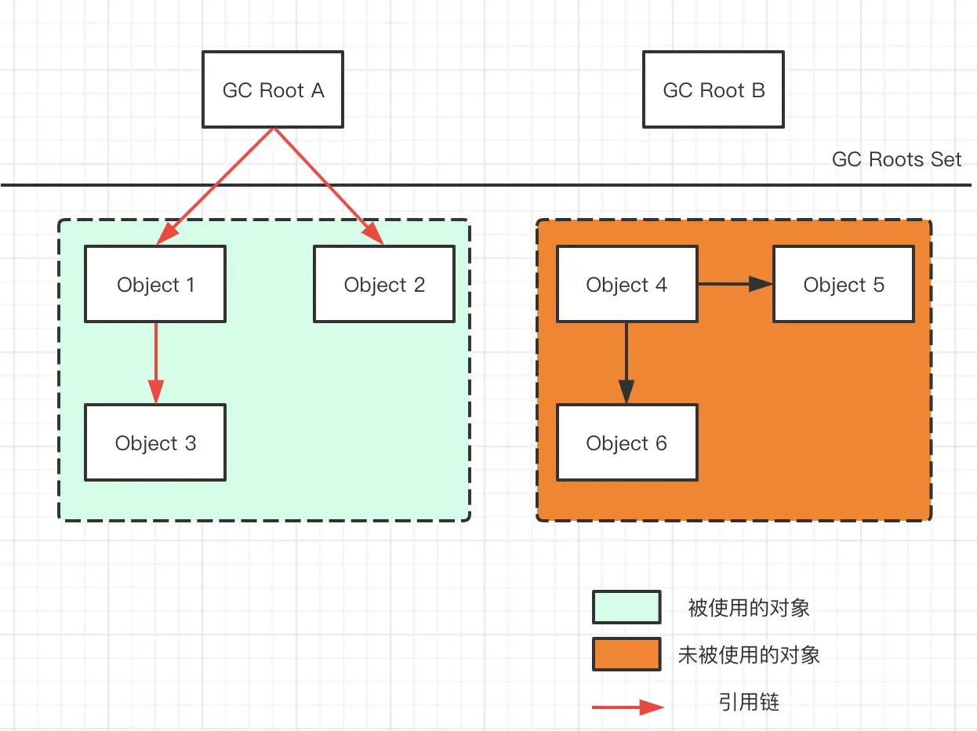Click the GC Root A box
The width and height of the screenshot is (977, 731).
pyautogui.click(x=273, y=89)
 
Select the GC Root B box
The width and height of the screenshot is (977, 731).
pyautogui.click(x=714, y=89)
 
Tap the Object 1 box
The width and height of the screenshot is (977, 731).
pyautogui.click(x=155, y=284)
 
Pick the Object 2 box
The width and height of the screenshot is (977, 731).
pyautogui.click(x=384, y=284)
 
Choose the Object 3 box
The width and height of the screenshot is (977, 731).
pyautogui.click(x=155, y=442)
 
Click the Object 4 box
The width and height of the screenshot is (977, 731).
pyautogui.click(x=627, y=284)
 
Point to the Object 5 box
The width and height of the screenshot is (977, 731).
pyautogui.click(x=844, y=284)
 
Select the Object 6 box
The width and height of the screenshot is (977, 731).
pyautogui.click(x=627, y=442)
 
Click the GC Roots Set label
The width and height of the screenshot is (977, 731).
pyautogui.click(x=896, y=159)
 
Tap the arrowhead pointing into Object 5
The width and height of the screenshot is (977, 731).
pyautogui.click(x=761, y=284)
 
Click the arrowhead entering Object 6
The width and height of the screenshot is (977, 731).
pyautogui.click(x=627, y=391)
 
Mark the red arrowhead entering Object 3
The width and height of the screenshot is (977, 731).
pyautogui.click(x=156, y=391)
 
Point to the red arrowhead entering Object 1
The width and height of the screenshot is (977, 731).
pyautogui.click(x=168, y=234)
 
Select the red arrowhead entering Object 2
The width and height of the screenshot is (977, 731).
pyautogui.click(x=372, y=233)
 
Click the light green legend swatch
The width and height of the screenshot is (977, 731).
pyautogui.click(x=627, y=607)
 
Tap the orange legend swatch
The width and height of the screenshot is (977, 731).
pyautogui.click(x=627, y=654)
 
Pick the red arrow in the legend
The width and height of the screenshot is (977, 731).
pyautogui.click(x=628, y=707)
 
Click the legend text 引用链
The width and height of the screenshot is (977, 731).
pyautogui.click(x=749, y=703)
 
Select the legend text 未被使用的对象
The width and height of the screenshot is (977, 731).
pyautogui.click(x=749, y=656)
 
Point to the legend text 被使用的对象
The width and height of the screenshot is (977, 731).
pyautogui.click(x=749, y=608)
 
